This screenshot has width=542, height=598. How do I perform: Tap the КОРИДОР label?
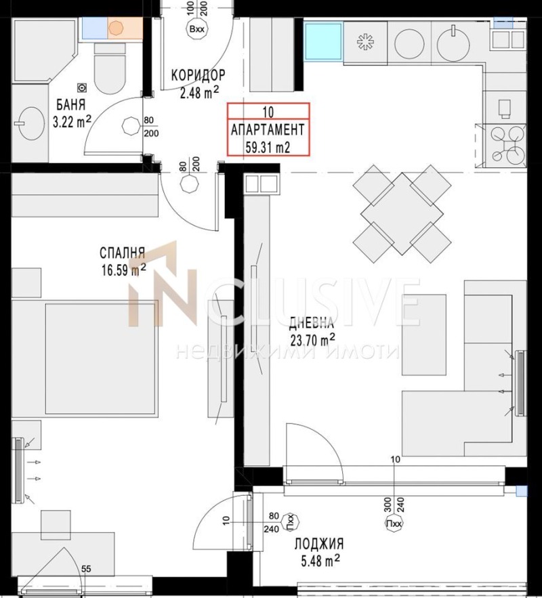pos(198,75)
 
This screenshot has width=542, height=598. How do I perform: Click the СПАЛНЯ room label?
pos(123,253)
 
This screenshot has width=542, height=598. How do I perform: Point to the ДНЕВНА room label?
pos(312,323)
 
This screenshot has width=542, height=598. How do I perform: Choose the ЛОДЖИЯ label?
pos(319,544)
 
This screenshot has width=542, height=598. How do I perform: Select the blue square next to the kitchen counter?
pos(323,43)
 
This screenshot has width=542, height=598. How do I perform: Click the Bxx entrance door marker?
pos(197,30)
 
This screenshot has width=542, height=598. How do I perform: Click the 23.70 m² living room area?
pos(312,340)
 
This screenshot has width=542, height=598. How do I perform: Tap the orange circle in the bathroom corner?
pos(117,28)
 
